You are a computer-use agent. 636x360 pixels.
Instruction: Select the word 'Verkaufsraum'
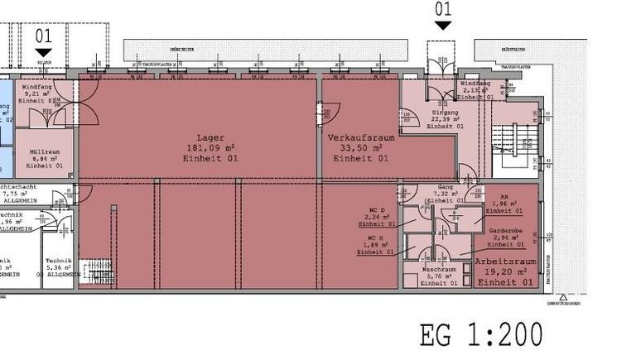359,137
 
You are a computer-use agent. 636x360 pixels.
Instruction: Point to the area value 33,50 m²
359,147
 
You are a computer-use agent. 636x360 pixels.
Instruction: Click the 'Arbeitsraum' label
504,262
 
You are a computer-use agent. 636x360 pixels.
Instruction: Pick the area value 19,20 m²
504,271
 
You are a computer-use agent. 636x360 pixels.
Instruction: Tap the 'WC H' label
377,238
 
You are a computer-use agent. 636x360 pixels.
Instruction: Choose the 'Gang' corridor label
446,187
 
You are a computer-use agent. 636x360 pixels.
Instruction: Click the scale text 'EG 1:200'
481,336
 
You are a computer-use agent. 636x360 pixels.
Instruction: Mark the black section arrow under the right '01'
443,26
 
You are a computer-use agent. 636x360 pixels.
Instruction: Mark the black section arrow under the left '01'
44,53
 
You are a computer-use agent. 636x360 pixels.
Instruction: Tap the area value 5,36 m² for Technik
59,267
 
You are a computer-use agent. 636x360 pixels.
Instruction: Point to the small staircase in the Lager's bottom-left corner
99,275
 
